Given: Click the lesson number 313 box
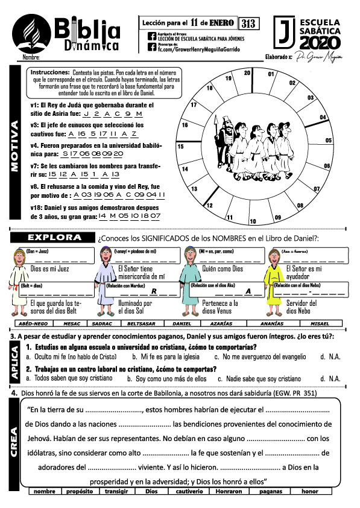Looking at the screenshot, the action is pos(248,24).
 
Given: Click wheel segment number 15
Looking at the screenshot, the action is pos(180,147).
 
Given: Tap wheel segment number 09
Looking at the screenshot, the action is pos(278,217).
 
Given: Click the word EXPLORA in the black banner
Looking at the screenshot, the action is pos(55,237).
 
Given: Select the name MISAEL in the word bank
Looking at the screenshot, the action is pos(319,323).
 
